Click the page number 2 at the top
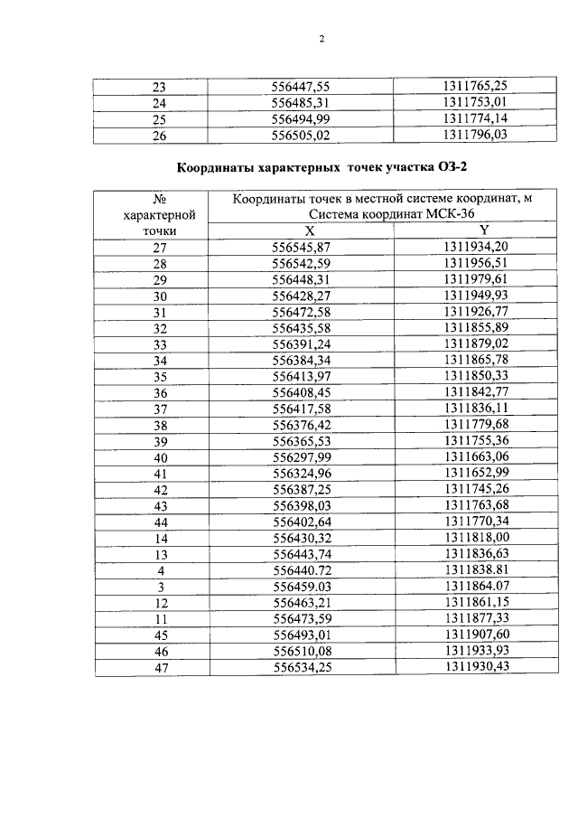point(321,39)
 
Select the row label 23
point(160,87)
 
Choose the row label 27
point(160,248)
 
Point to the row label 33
point(160,343)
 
